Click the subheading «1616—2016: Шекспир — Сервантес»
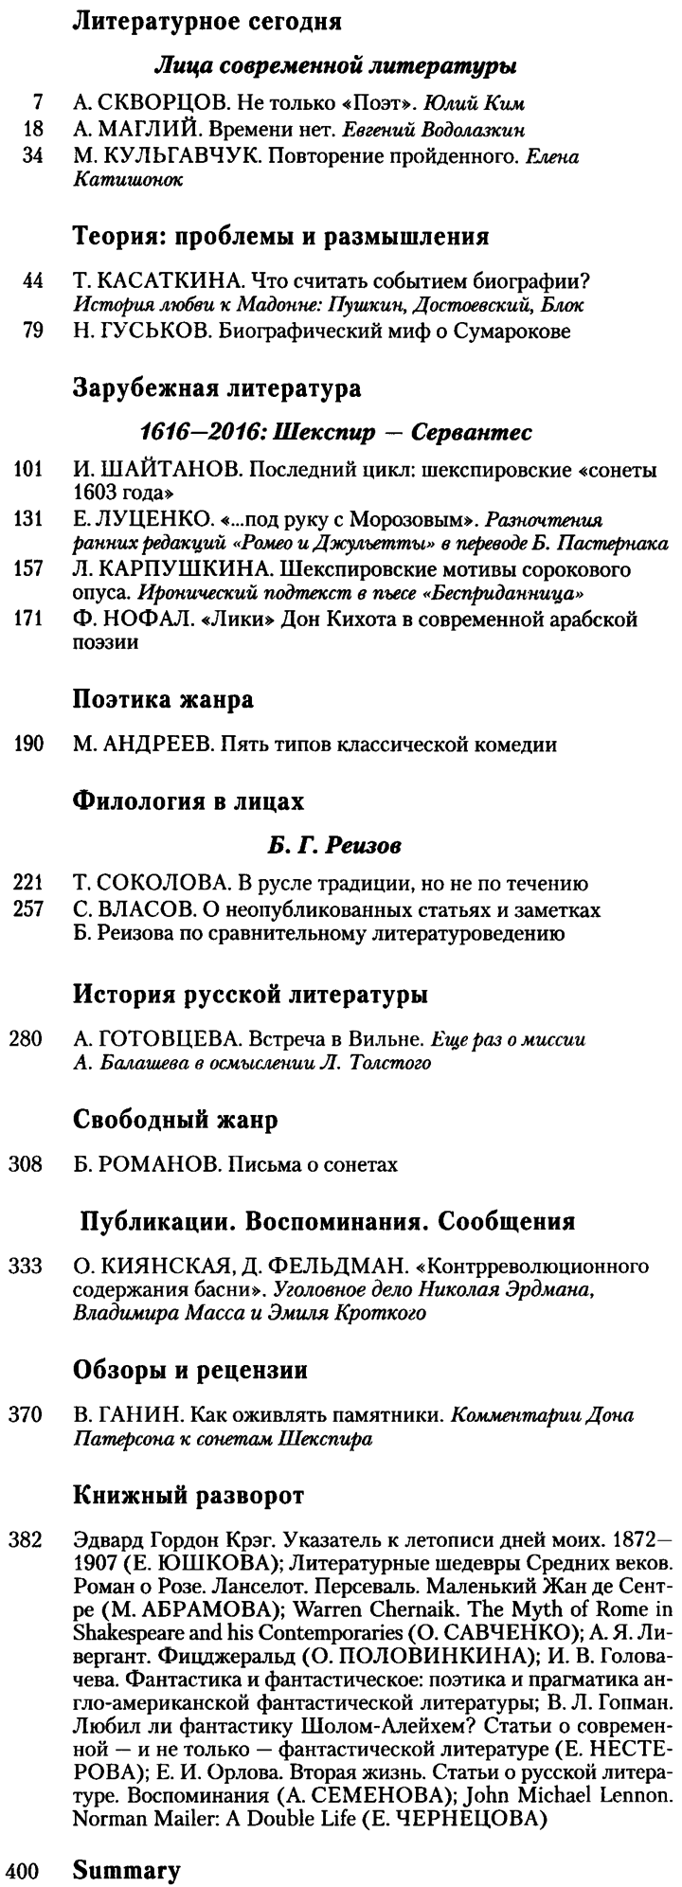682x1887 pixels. [335, 433]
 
